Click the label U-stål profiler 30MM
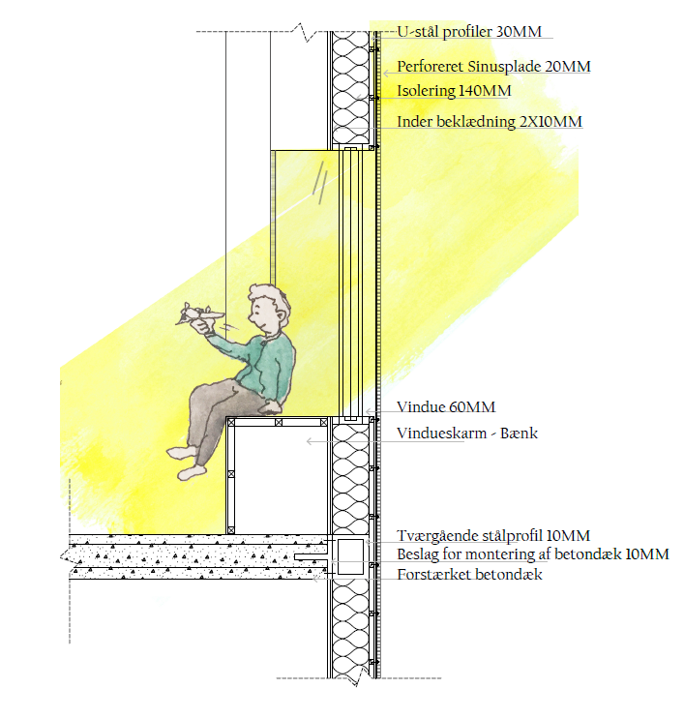click(x=470, y=31)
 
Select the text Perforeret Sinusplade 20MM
click(x=493, y=68)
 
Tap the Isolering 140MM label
click(x=454, y=92)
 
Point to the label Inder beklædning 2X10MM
click(x=490, y=122)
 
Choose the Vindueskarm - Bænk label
click(x=467, y=434)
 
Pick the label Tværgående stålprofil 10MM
click(x=493, y=535)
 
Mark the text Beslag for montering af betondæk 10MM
click(x=532, y=554)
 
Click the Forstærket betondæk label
click(x=469, y=575)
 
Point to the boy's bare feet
click(x=188, y=463)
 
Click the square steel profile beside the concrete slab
click(x=350, y=557)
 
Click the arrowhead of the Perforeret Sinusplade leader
click(x=380, y=72)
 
